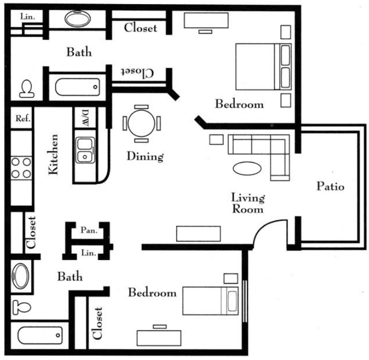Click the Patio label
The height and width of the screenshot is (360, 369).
click(330, 186)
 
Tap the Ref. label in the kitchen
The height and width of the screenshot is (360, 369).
click(23, 118)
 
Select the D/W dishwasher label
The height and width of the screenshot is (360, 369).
click(85, 118)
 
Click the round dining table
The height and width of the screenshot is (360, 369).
click(141, 124)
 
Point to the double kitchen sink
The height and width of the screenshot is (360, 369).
click(85, 150)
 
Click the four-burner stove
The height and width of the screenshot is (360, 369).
click(21, 168)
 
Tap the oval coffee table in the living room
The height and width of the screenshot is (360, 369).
click(247, 168)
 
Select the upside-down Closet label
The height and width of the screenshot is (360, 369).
click(137, 72)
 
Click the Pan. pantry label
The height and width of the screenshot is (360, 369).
click(89, 230)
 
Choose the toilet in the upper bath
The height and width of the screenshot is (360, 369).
click(27, 89)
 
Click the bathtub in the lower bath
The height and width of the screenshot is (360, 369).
click(40, 335)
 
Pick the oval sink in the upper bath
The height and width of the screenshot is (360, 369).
click(78, 18)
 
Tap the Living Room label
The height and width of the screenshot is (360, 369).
click(248, 203)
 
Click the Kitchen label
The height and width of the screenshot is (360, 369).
click(54, 154)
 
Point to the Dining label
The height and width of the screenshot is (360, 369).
click(145, 157)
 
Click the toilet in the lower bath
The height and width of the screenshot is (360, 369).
click(22, 307)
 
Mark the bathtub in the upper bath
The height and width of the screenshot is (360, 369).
click(77, 87)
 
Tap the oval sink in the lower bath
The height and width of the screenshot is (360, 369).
click(21, 276)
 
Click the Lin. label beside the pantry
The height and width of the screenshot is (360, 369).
click(88, 253)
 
